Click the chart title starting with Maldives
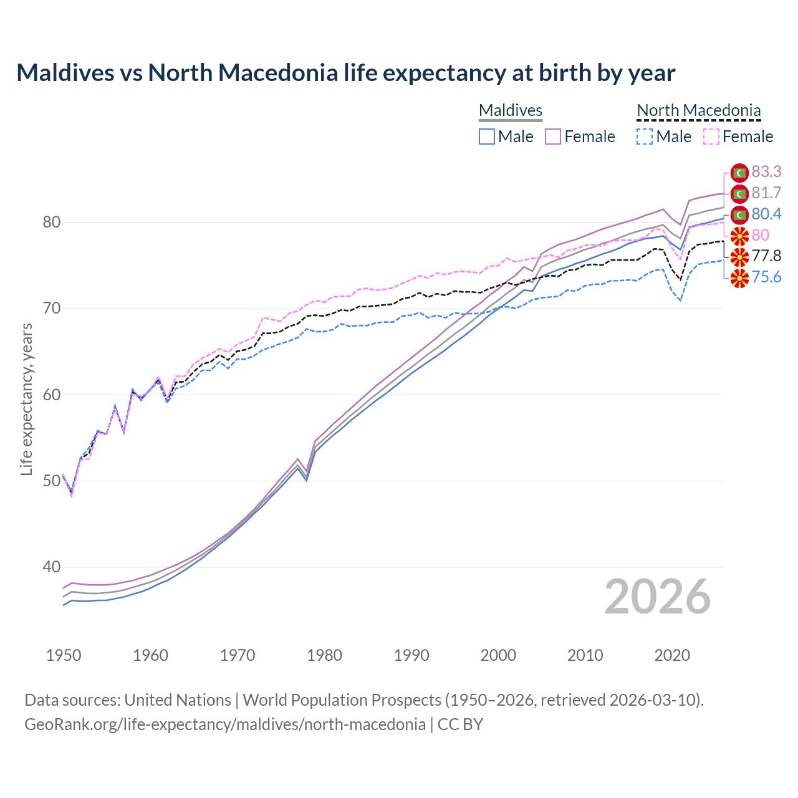pyautogui.click(x=345, y=73)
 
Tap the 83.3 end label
pyautogui.click(x=766, y=171)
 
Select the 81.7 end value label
pyautogui.click(x=766, y=193)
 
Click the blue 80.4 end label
pyautogui.click(x=766, y=214)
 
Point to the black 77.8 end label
pyautogui.click(x=766, y=256)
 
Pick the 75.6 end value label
pyautogui.click(x=766, y=277)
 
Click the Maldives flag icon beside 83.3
pyautogui.click(x=739, y=173)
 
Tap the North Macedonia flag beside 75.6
pyautogui.click(x=739, y=278)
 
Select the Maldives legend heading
pyautogui.click(x=511, y=110)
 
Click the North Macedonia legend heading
pyautogui.click(x=699, y=110)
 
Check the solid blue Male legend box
pyautogui.click(x=487, y=137)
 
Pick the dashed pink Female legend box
pyautogui.click(x=711, y=137)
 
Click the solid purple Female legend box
pyautogui.click(x=553, y=137)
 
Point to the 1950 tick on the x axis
pyautogui.click(x=64, y=655)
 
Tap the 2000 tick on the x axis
pyautogui.click(x=498, y=655)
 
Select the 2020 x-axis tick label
pyautogui.click(x=672, y=655)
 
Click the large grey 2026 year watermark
pyautogui.click(x=658, y=597)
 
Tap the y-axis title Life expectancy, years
pyautogui.click(x=27, y=399)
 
